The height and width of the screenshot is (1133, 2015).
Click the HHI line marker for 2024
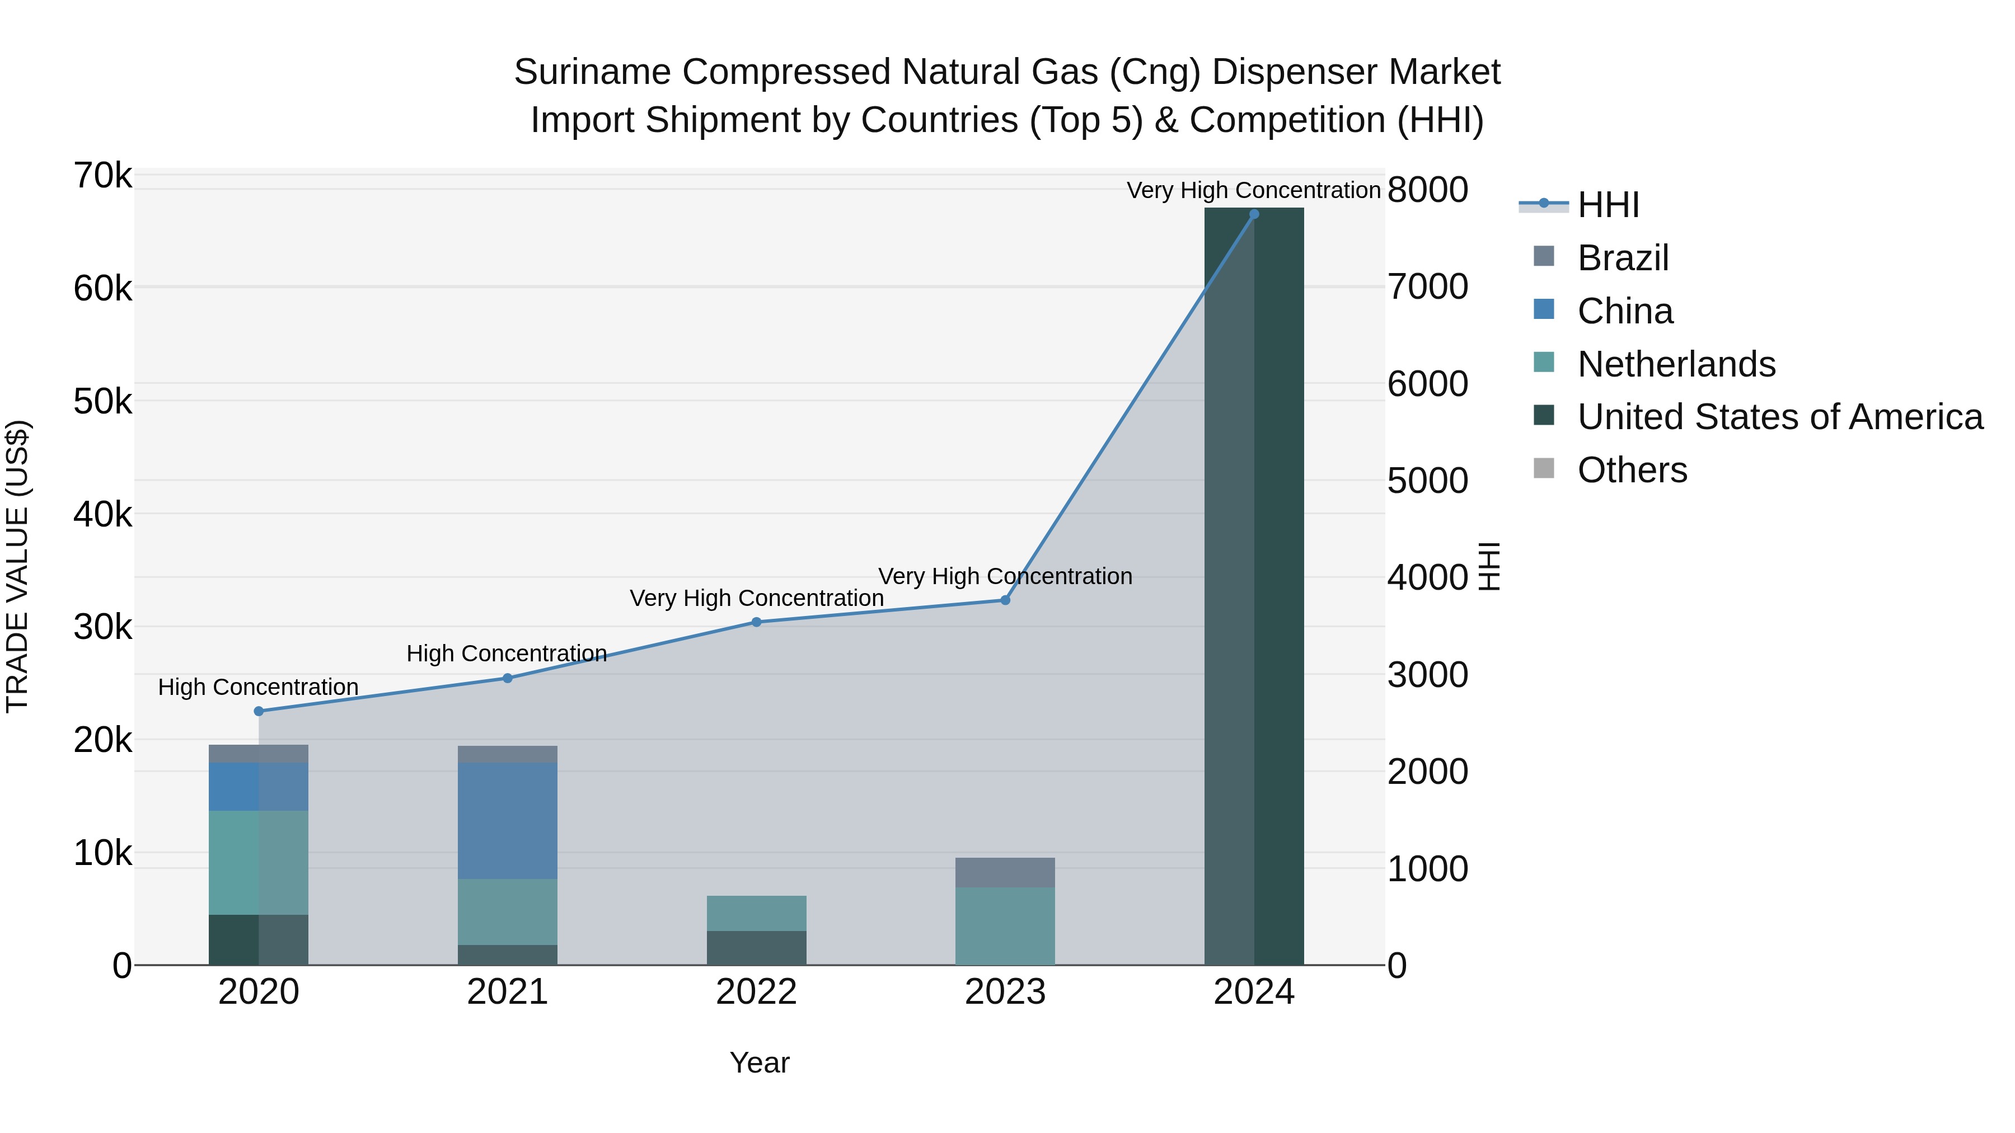(x=1254, y=214)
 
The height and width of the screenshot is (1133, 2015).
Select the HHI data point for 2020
(x=259, y=711)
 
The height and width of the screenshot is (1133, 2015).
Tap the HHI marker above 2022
(x=756, y=622)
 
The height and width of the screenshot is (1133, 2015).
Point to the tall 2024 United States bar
(x=1254, y=586)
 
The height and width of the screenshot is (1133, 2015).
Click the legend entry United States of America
(x=1779, y=417)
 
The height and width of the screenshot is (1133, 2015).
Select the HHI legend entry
(x=1608, y=205)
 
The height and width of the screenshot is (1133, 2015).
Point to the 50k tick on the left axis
(x=102, y=402)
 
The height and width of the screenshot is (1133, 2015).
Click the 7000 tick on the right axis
(x=1427, y=287)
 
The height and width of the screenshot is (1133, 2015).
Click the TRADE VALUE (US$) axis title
(x=18, y=566)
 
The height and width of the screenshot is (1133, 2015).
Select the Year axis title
(x=759, y=1063)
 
